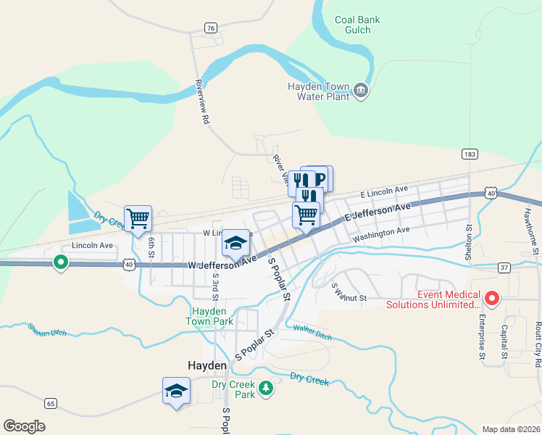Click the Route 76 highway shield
(210, 28)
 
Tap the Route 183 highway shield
(470, 154)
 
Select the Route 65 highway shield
(50, 403)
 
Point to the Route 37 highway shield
(504, 268)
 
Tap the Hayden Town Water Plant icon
(360, 91)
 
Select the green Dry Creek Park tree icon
(266, 389)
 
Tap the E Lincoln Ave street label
(385, 193)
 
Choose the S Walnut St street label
(349, 292)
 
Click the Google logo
(24, 426)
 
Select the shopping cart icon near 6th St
(138, 217)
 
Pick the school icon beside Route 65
(176, 391)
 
